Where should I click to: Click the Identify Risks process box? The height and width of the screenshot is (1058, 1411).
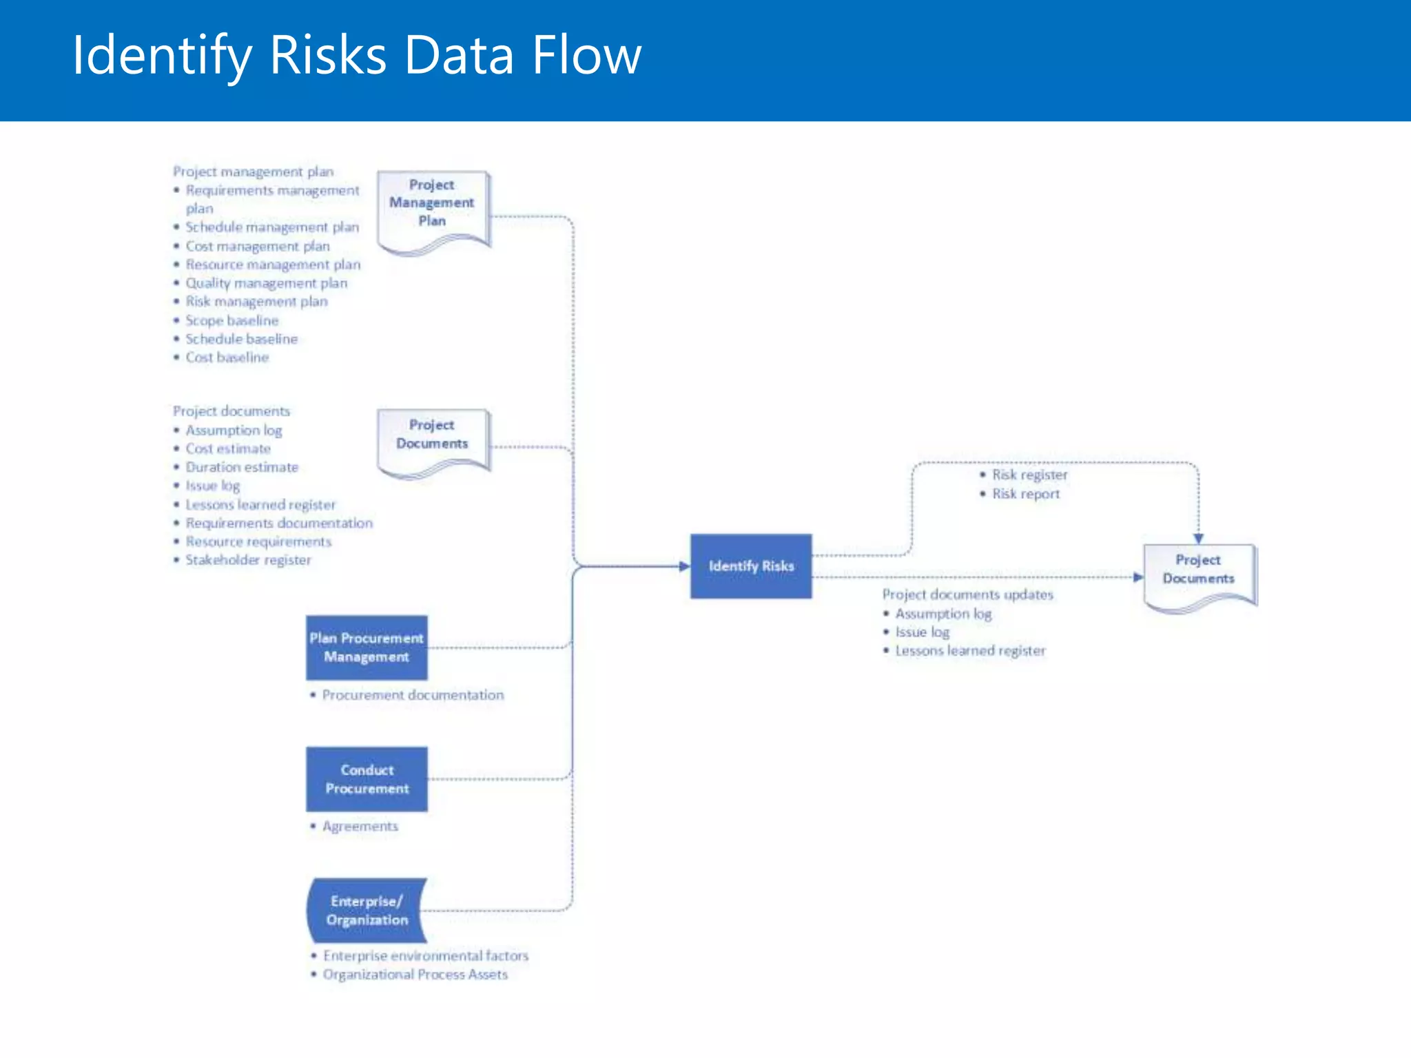pyautogui.click(x=751, y=566)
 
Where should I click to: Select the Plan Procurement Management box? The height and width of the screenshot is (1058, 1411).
pyautogui.click(x=367, y=647)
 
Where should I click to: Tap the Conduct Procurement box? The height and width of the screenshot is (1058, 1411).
pyautogui.click(x=367, y=779)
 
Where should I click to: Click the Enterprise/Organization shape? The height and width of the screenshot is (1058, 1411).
pyautogui.click(x=367, y=910)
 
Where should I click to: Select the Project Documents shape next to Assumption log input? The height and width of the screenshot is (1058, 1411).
pyautogui.click(x=433, y=438)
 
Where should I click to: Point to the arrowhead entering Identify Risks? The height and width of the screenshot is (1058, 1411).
pyautogui.click(x=683, y=566)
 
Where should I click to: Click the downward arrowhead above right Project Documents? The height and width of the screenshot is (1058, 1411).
pyautogui.click(x=1199, y=538)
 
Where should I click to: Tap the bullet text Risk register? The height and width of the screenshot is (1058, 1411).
pyautogui.click(x=1029, y=475)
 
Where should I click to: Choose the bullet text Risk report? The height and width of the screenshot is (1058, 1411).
pyautogui.click(x=1025, y=494)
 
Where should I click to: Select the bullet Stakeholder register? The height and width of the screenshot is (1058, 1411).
pyautogui.click(x=248, y=560)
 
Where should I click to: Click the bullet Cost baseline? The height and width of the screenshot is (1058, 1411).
pyautogui.click(x=227, y=357)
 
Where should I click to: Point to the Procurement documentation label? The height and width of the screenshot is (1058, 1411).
pyautogui.click(x=413, y=695)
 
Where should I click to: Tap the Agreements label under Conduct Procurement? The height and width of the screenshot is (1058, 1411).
pyautogui.click(x=360, y=826)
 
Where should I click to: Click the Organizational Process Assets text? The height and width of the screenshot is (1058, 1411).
pyautogui.click(x=415, y=975)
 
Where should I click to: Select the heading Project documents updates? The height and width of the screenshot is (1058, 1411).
pyautogui.click(x=967, y=594)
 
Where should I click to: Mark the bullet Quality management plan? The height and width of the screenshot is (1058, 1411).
pyautogui.click(x=266, y=283)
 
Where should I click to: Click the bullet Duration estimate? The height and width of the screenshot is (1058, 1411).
pyautogui.click(x=241, y=467)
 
